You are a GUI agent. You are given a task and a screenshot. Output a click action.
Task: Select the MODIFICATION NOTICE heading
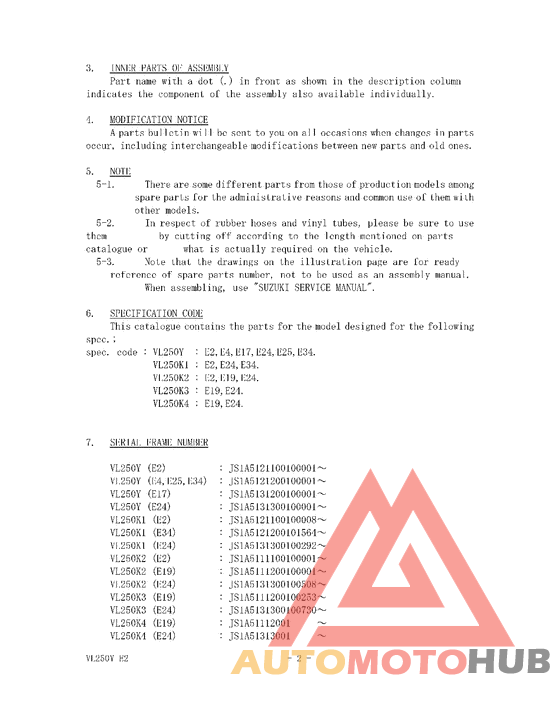(159, 120)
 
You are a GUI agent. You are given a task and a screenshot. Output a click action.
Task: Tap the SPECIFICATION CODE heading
(156, 313)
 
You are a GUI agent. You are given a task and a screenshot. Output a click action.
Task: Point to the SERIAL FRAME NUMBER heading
(158, 442)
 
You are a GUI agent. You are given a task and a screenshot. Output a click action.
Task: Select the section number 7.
(89, 442)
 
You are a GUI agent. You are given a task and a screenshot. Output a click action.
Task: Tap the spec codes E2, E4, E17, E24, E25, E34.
(260, 352)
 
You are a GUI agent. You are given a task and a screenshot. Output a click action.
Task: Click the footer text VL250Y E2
(107, 661)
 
